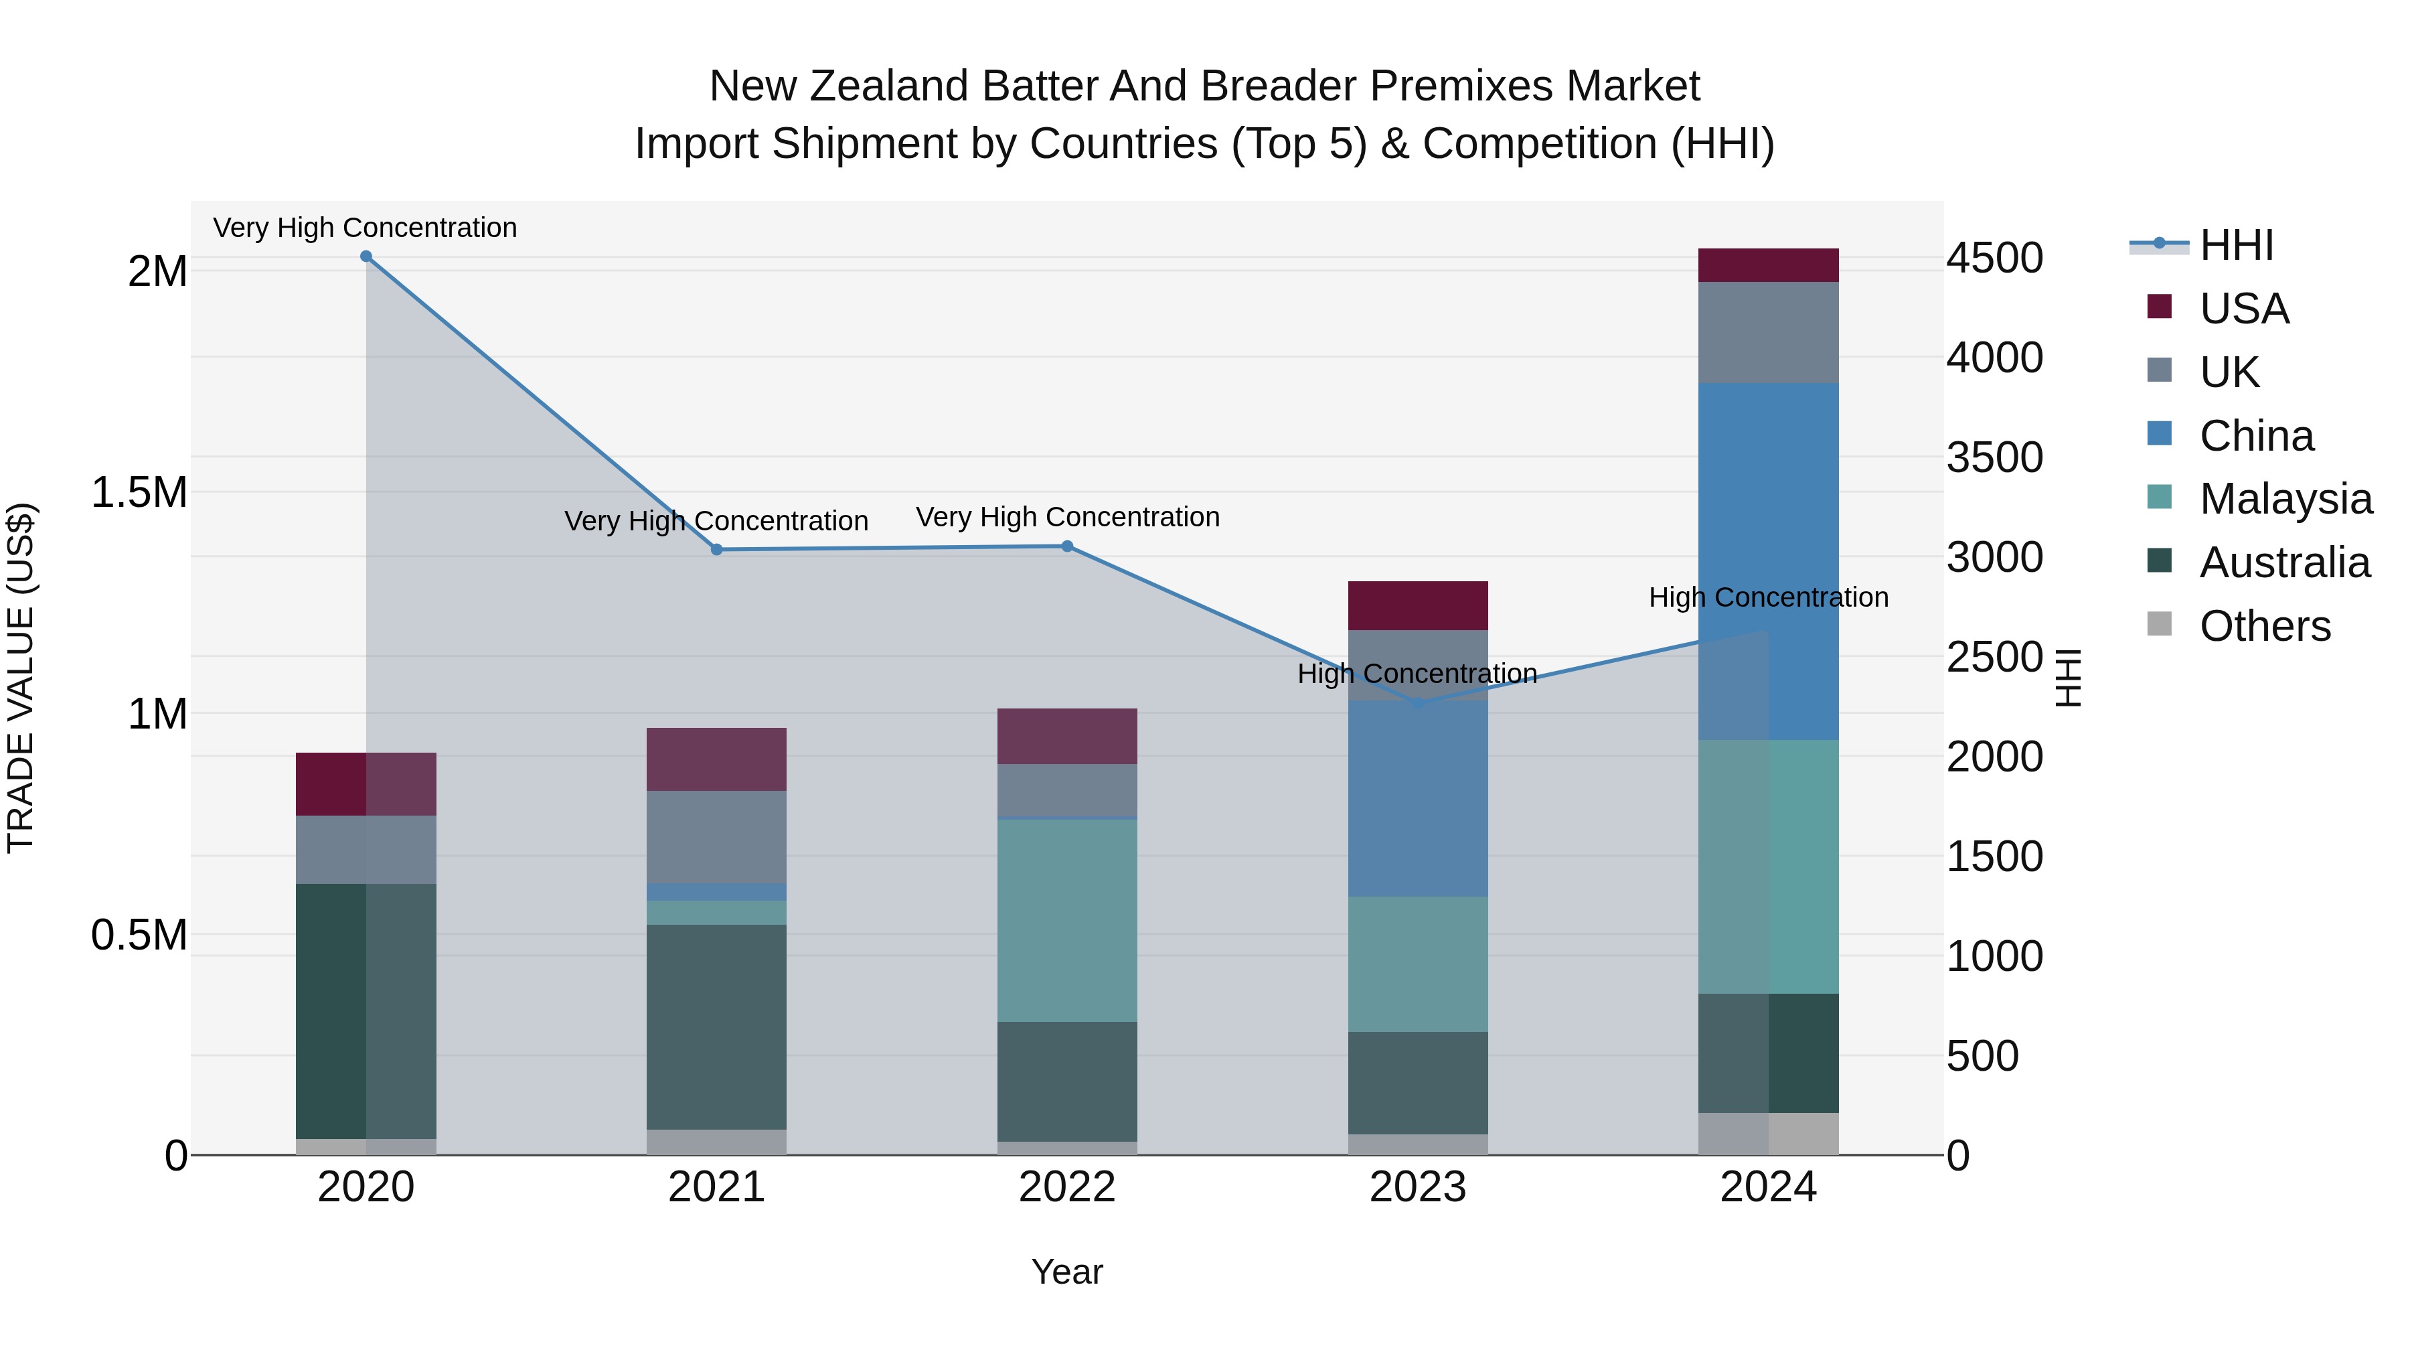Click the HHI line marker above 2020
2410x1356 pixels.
click(366, 256)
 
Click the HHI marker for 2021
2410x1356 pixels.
click(716, 549)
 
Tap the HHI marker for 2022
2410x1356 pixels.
click(1068, 546)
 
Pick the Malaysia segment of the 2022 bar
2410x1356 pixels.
click(1068, 920)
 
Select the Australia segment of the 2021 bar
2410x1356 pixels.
click(716, 1027)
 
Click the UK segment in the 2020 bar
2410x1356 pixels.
click(366, 849)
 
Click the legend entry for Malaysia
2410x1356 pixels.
click(2285, 499)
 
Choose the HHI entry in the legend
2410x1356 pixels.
click(2236, 245)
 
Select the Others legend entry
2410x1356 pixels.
click(2264, 626)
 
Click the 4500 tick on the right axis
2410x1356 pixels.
click(1995, 258)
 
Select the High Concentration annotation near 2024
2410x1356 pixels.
click(1768, 597)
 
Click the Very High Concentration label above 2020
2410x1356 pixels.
click(365, 228)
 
